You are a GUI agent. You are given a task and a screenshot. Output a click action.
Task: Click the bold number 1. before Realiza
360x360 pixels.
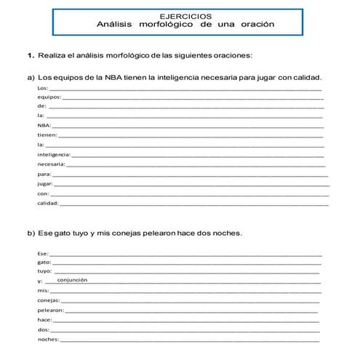31,55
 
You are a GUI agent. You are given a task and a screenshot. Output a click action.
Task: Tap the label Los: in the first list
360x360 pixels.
42,88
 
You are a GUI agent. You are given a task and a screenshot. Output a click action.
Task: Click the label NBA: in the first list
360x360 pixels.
44,126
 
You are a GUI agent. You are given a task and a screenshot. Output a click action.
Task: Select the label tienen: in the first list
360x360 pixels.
47,135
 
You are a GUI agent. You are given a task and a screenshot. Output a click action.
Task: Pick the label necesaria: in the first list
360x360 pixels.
52,164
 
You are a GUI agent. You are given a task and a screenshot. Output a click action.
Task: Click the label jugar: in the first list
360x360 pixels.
45,184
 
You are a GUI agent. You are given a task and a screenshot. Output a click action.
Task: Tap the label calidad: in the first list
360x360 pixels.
48,204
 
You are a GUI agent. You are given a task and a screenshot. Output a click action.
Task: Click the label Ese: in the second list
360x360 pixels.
43,252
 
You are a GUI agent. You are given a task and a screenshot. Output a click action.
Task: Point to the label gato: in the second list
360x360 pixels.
44,261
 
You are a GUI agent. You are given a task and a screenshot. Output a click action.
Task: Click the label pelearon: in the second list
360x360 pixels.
51,310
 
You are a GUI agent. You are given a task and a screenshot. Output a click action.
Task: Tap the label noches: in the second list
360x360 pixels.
48,340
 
